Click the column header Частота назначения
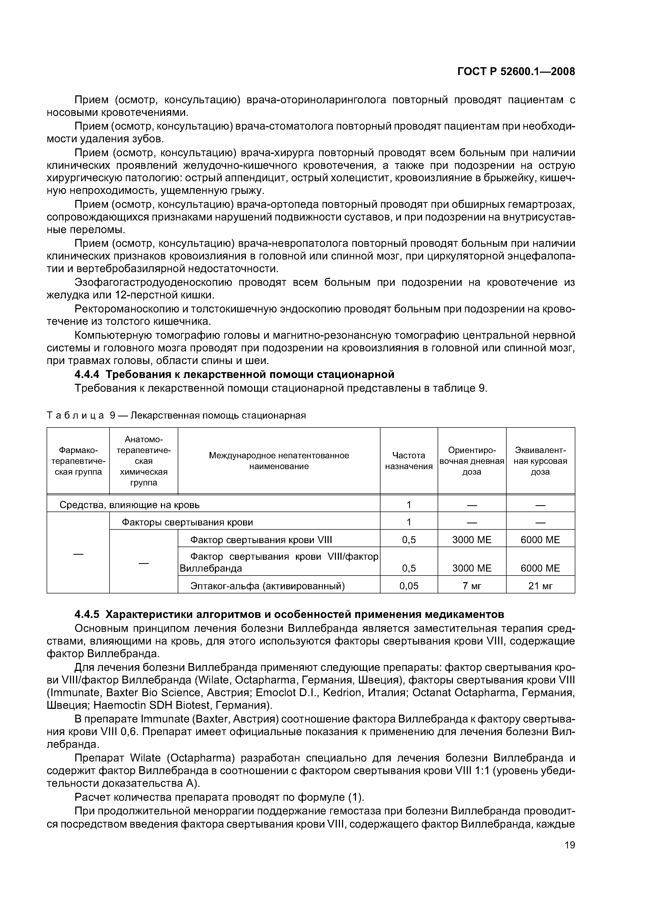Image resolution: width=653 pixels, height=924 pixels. point(409,461)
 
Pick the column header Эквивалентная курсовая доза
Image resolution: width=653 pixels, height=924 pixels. point(540,461)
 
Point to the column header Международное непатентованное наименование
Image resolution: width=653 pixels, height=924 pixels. point(279,461)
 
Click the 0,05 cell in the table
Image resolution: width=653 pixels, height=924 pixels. point(409,586)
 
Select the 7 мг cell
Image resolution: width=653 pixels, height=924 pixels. point(472,586)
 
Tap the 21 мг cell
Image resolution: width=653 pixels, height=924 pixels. point(540,586)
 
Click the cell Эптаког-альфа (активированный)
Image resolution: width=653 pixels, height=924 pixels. point(267,586)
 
